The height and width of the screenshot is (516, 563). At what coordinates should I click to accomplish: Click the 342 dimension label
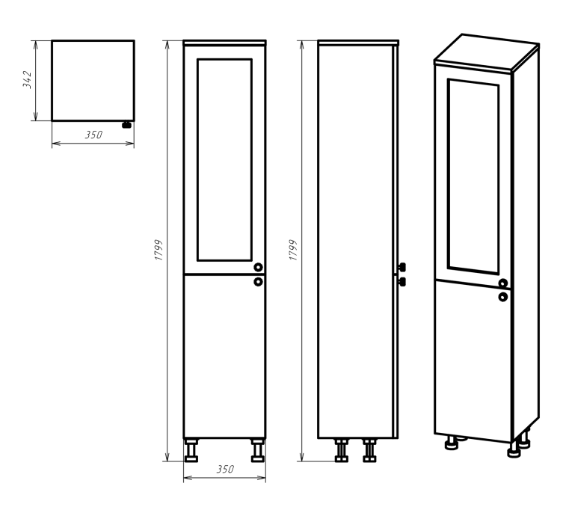27,80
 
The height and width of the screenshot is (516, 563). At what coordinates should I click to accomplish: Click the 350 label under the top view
93,135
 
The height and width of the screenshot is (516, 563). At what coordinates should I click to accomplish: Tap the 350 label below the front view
225,470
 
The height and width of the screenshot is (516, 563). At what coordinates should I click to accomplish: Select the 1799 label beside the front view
159,250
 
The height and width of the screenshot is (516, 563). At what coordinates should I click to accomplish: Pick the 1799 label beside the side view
293,250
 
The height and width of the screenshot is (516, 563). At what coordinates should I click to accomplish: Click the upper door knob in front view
258,267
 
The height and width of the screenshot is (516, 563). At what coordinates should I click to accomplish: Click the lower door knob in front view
258,281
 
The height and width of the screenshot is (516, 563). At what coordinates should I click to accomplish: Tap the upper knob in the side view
402,267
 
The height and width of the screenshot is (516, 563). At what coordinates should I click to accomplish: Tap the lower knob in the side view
402,281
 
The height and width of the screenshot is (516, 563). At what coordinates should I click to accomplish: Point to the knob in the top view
127,125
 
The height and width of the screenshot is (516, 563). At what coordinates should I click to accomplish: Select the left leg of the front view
191,450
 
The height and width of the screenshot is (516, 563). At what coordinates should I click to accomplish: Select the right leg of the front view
258,450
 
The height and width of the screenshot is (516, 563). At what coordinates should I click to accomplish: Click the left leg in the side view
342,450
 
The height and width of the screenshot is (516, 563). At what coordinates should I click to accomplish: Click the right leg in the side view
369,450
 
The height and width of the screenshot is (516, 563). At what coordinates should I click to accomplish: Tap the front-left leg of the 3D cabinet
452,443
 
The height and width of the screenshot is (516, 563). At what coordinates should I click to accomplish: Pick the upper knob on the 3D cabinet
503,283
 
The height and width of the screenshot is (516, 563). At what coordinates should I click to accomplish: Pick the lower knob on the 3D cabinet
503,297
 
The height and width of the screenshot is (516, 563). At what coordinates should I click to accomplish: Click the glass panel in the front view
224,160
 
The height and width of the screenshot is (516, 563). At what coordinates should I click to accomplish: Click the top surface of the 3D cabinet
487,53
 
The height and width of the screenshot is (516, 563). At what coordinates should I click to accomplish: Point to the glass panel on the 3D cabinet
473,176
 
